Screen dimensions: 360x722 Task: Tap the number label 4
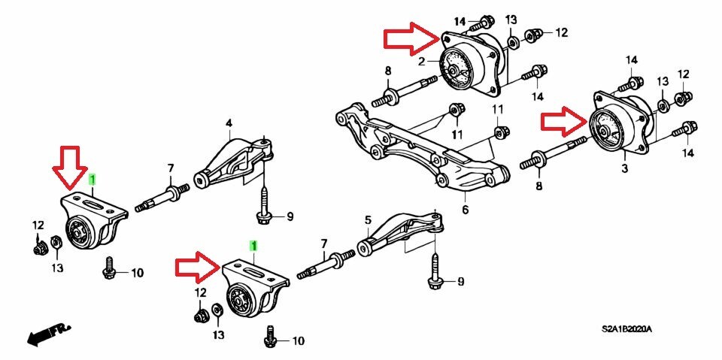[229, 123]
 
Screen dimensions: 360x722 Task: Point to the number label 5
[369, 220]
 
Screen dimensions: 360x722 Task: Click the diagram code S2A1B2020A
[636, 330]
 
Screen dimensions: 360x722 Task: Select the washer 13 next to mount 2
[511, 42]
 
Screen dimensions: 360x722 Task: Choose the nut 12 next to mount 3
[683, 98]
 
